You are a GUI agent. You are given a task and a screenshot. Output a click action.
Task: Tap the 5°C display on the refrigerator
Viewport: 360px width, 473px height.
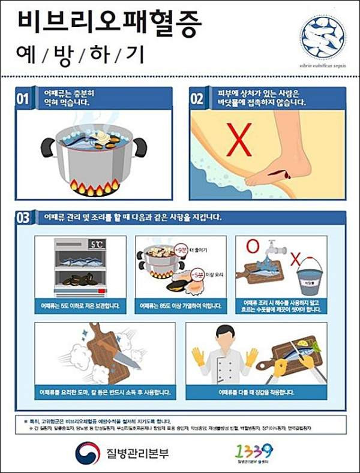point(96,245)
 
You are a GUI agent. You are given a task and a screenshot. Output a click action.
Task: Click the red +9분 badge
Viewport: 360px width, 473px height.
point(179,248)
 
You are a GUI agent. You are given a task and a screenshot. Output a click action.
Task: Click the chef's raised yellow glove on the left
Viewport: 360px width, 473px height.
point(199,357)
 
